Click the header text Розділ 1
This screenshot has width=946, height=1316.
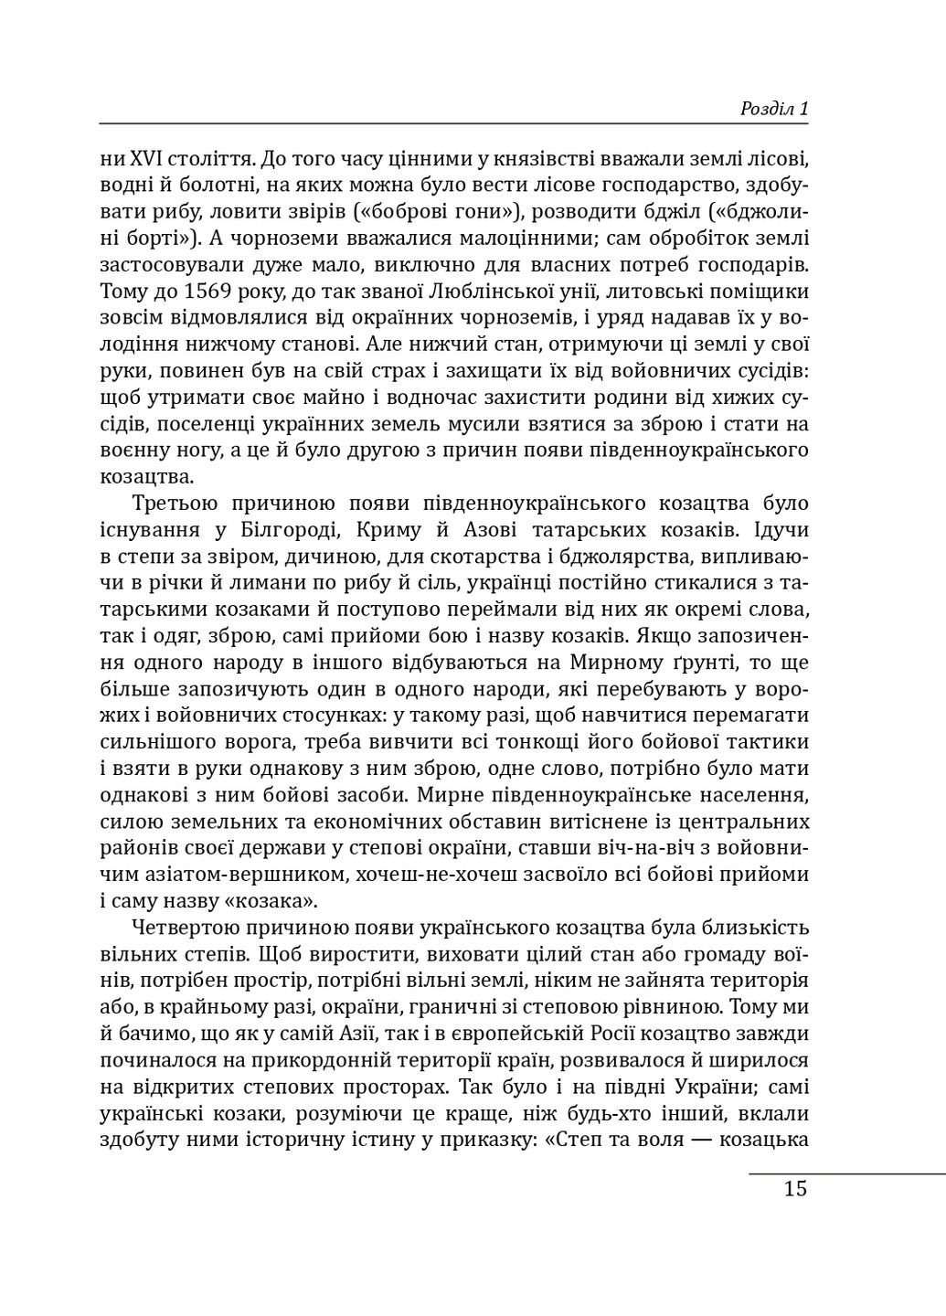click(x=773, y=109)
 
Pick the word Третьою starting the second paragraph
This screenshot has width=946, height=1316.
click(x=175, y=504)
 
